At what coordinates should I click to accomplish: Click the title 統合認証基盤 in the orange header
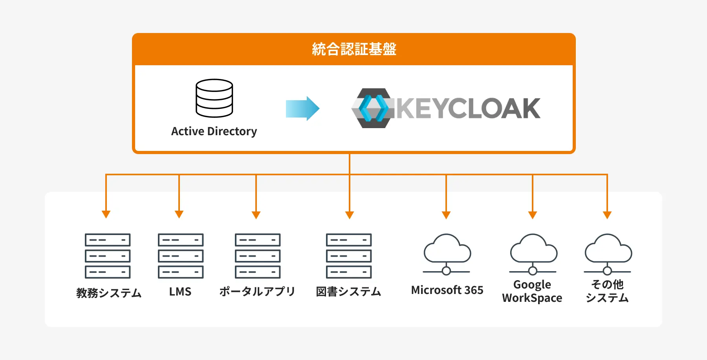pos(354,49)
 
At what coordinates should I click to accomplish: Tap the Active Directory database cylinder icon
pos(214,98)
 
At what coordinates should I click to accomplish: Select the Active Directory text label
pos(214,131)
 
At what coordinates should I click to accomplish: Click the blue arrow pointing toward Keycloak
pos(302,108)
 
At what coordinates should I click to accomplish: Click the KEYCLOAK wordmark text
pos(468,108)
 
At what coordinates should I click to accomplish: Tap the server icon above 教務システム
pos(108,256)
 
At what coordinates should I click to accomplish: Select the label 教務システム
pos(109,293)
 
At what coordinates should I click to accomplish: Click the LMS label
pos(180,292)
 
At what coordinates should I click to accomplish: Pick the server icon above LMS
pos(181,256)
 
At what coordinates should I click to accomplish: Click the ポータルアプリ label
pos(257,292)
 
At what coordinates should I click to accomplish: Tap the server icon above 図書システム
pos(349,256)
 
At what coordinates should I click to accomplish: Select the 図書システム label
pos(349,292)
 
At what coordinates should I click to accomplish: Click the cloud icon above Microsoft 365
pos(447,252)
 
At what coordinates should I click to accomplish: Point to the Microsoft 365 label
pos(447,290)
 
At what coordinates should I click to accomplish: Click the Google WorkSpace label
pos(532,291)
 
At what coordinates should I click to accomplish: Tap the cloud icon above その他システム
pos(608,252)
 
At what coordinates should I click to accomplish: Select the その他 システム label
pos(607,291)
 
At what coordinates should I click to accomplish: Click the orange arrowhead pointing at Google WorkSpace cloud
pos(533,215)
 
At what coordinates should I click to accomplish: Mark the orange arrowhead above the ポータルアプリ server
pos(256,215)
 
